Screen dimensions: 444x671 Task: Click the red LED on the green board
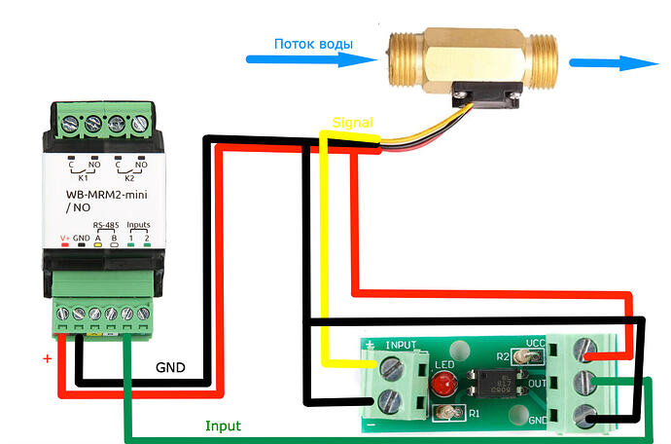(442, 383)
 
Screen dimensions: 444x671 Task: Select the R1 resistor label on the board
(475, 413)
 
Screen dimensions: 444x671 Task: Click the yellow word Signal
(352, 124)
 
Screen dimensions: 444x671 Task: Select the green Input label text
(223, 426)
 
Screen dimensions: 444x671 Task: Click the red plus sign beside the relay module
(46, 358)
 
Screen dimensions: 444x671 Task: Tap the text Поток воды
(313, 44)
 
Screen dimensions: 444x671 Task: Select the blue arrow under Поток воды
(311, 60)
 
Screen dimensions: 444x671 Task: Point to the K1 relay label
(83, 179)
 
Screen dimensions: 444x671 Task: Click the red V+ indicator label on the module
(65, 237)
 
